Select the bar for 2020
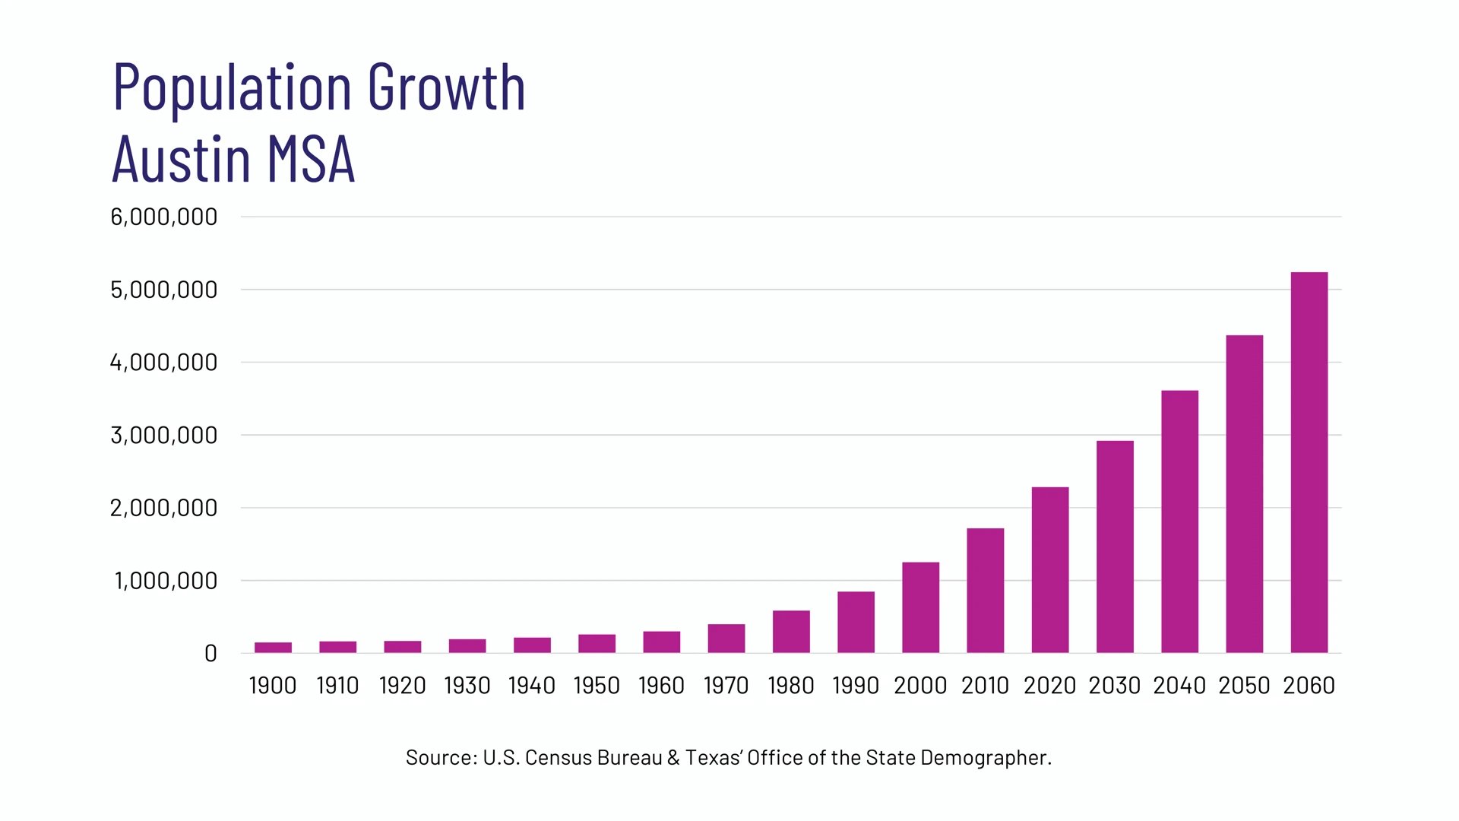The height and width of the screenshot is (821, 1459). pos(1049,570)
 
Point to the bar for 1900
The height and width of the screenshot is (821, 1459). pos(273,648)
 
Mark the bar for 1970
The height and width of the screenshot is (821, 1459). pos(726,639)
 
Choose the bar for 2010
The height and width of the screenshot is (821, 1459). pos(985,591)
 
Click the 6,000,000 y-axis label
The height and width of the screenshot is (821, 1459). pos(164,217)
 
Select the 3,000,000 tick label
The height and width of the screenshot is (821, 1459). pos(164,436)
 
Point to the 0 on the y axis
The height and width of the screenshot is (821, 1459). pos(210,654)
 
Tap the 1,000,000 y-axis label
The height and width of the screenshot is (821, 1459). pos(166,581)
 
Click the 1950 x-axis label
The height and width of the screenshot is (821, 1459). pos(597,686)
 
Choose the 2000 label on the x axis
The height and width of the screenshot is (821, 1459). pos(919,686)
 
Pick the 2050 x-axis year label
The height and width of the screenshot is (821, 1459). pos(1244,686)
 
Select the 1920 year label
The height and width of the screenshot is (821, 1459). pos(402,686)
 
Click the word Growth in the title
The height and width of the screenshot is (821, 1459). pos(447,88)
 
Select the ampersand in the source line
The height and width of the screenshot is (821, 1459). pos(673,758)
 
